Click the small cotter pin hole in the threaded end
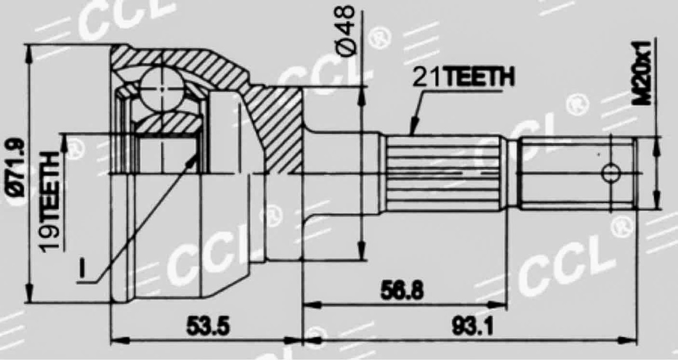tap(611, 172)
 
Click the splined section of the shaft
tap(442, 172)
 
